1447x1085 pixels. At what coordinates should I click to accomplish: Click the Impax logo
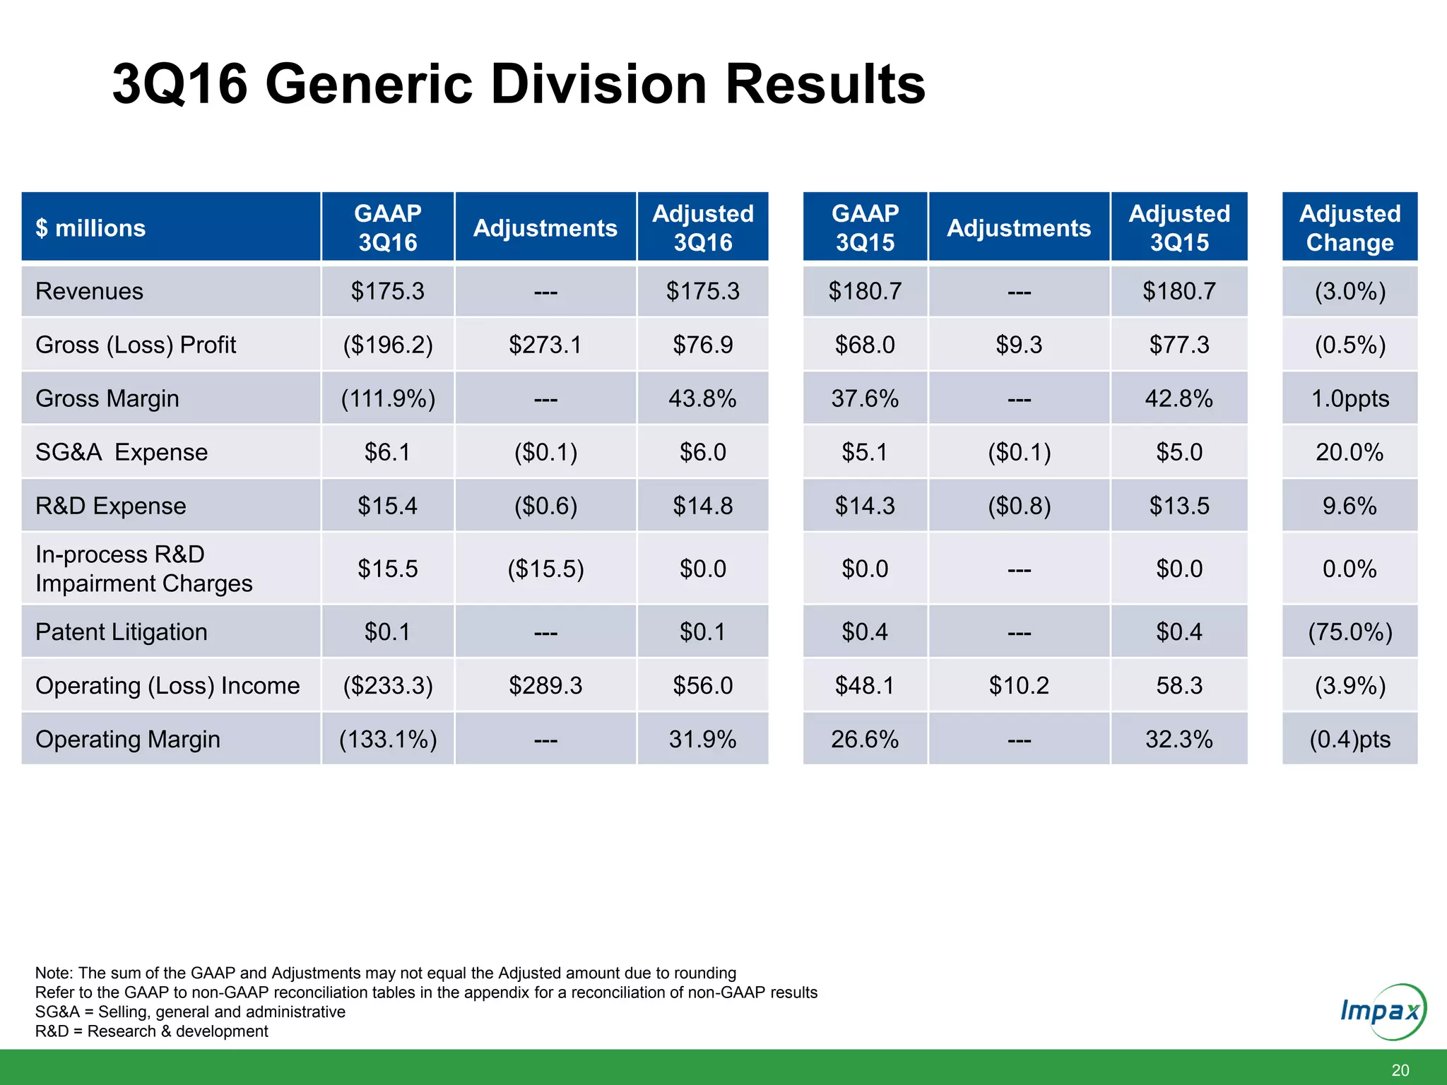tap(1382, 1012)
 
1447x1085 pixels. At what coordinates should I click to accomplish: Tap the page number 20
tap(1400, 1070)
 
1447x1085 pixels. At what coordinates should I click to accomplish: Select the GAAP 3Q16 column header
tap(387, 227)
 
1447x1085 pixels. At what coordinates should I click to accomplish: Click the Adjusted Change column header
tap(1349, 227)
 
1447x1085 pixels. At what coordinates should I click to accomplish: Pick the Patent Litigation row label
tap(122, 632)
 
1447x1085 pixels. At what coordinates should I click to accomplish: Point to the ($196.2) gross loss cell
tap(387, 345)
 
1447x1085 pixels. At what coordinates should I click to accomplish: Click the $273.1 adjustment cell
tap(545, 345)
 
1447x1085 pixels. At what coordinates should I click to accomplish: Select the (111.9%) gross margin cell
tap(387, 398)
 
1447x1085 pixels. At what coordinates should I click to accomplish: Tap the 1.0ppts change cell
tap(1349, 398)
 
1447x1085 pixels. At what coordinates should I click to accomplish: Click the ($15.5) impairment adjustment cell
tap(545, 569)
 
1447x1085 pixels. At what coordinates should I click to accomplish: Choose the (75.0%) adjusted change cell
tap(1349, 632)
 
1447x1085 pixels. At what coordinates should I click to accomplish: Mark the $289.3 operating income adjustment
tap(545, 685)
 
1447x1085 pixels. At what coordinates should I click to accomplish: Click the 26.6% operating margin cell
tap(864, 739)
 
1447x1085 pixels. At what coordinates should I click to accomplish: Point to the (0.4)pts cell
tap(1349, 739)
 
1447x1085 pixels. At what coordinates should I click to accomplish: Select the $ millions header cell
tap(90, 227)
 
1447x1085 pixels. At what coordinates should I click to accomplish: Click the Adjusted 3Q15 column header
tap(1179, 227)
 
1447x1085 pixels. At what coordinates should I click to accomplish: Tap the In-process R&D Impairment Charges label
tap(143, 569)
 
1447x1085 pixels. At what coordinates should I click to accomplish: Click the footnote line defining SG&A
tap(190, 1012)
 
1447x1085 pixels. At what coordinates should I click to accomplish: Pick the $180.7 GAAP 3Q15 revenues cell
tap(864, 291)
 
